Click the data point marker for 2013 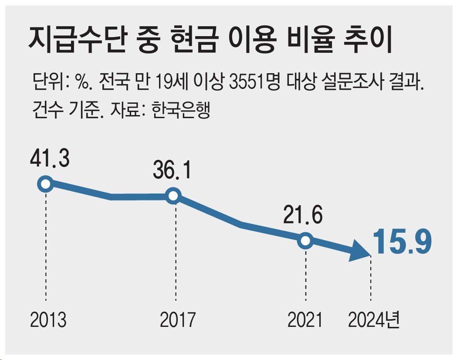click(45, 184)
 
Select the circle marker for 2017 click(173, 196)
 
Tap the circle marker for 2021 click(306, 240)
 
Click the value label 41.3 click(49, 160)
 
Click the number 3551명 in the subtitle click(254, 82)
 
